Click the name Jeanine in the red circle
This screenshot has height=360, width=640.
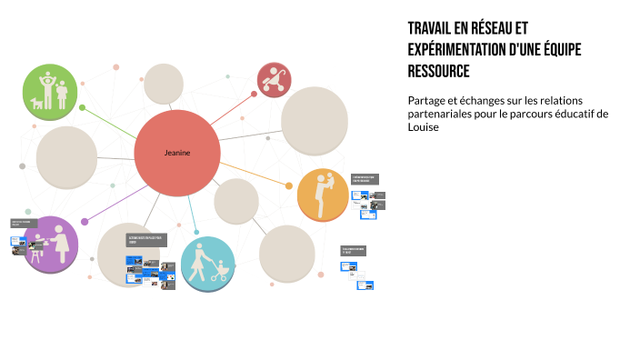click(x=177, y=153)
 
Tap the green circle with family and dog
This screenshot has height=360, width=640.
click(x=51, y=93)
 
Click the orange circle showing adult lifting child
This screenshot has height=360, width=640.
click(x=322, y=195)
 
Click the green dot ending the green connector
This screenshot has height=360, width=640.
click(x=83, y=108)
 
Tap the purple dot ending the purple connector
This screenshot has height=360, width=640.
click(x=85, y=221)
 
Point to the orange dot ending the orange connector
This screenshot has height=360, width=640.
click(x=289, y=186)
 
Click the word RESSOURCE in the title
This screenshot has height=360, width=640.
click(x=439, y=71)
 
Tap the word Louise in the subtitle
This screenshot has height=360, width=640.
click(x=424, y=127)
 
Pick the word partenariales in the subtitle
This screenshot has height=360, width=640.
click(x=445, y=114)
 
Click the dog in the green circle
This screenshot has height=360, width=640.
click(x=38, y=103)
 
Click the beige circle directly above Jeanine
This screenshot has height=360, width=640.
click(x=165, y=84)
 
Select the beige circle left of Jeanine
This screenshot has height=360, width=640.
click(x=66, y=157)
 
